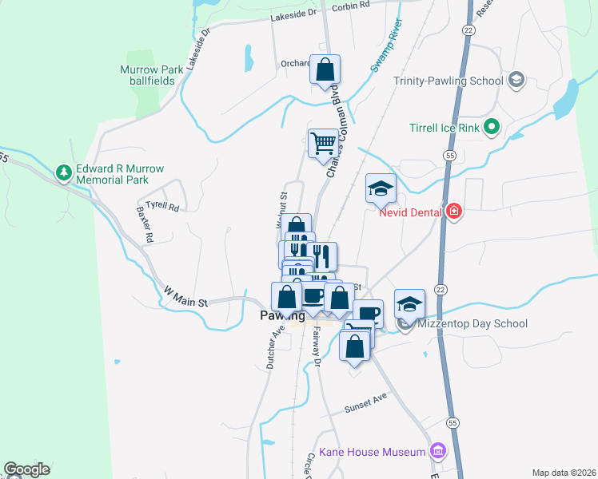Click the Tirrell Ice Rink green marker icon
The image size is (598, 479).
(492, 126)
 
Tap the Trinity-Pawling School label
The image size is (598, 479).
(448, 81)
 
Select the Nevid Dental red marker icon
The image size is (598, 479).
(454, 212)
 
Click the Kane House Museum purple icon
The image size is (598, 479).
(437, 451)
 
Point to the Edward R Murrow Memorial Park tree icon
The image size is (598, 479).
(63, 172)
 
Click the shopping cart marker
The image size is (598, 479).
(324, 144)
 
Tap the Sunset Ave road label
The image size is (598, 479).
(365, 407)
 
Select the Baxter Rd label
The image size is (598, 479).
(145, 225)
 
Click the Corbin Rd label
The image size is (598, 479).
(353, 5)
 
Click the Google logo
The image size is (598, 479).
(26, 469)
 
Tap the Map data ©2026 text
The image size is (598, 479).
(563, 472)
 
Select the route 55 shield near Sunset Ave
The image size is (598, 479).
(452, 422)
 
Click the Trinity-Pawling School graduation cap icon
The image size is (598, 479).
(516, 79)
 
